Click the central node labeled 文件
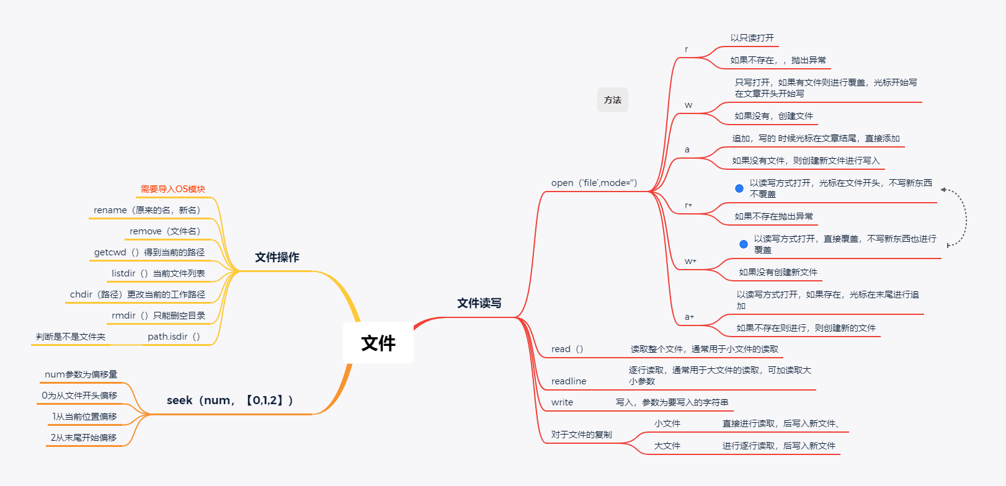coord(378,343)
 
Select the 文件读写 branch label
coord(479,303)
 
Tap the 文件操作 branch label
coord(277,257)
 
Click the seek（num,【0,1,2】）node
coord(229,400)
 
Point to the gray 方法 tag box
coord(613,100)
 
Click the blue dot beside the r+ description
coord(739,188)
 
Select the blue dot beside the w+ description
coord(744,244)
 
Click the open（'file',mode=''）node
coord(594,183)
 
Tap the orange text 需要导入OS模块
coord(172,189)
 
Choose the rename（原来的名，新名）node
coord(148,210)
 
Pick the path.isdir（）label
coord(174,337)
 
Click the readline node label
coord(569,381)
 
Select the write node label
coord(563,402)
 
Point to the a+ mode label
coord(690,317)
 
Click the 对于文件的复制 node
coord(581,435)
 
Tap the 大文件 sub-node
coord(667,446)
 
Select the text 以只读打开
coord(752,38)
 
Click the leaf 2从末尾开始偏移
coord(84,438)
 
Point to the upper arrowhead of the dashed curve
coord(943,190)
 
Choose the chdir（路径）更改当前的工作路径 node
coord(138,294)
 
